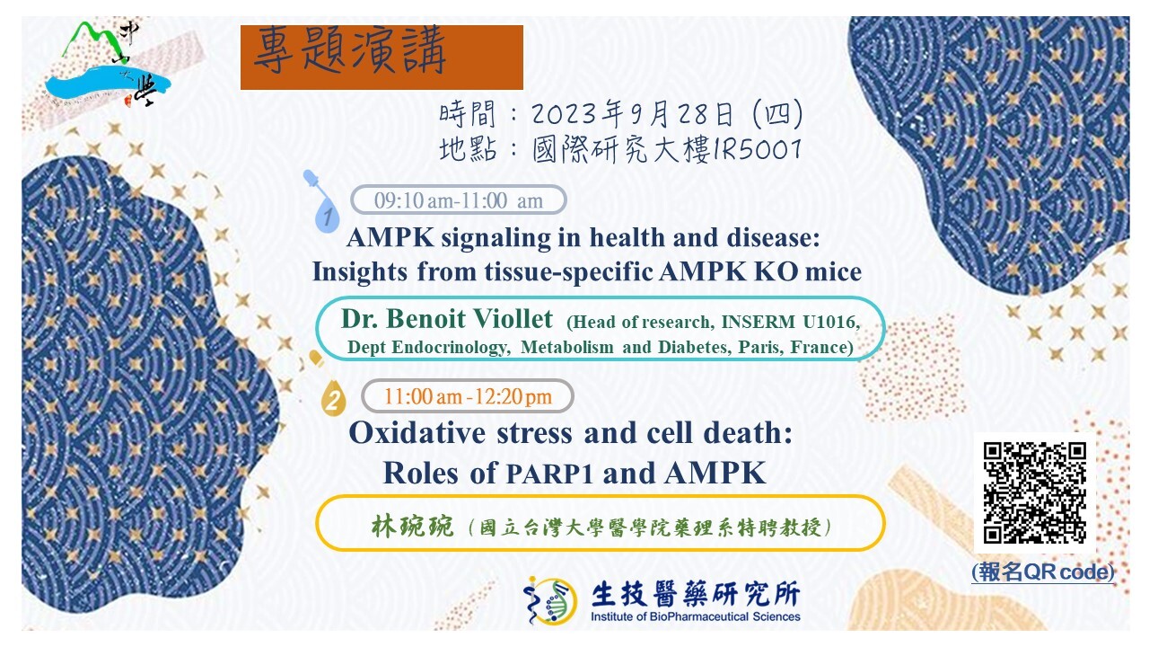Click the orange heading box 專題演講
click(382, 58)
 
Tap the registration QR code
click(1035, 492)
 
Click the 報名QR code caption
click(1043, 572)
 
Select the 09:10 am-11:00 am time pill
click(459, 199)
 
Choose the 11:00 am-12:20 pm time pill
click(468, 396)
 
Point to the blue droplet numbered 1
click(327, 215)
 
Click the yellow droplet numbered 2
click(333, 398)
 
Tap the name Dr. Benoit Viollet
click(447, 318)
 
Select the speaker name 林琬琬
click(412, 527)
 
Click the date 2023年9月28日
click(633, 114)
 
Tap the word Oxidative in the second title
click(417, 432)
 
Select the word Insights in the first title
click(360, 271)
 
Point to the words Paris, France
click(795, 347)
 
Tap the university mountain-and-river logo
click(108, 64)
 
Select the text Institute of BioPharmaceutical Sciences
click(696, 616)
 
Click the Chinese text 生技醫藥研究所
click(696, 594)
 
